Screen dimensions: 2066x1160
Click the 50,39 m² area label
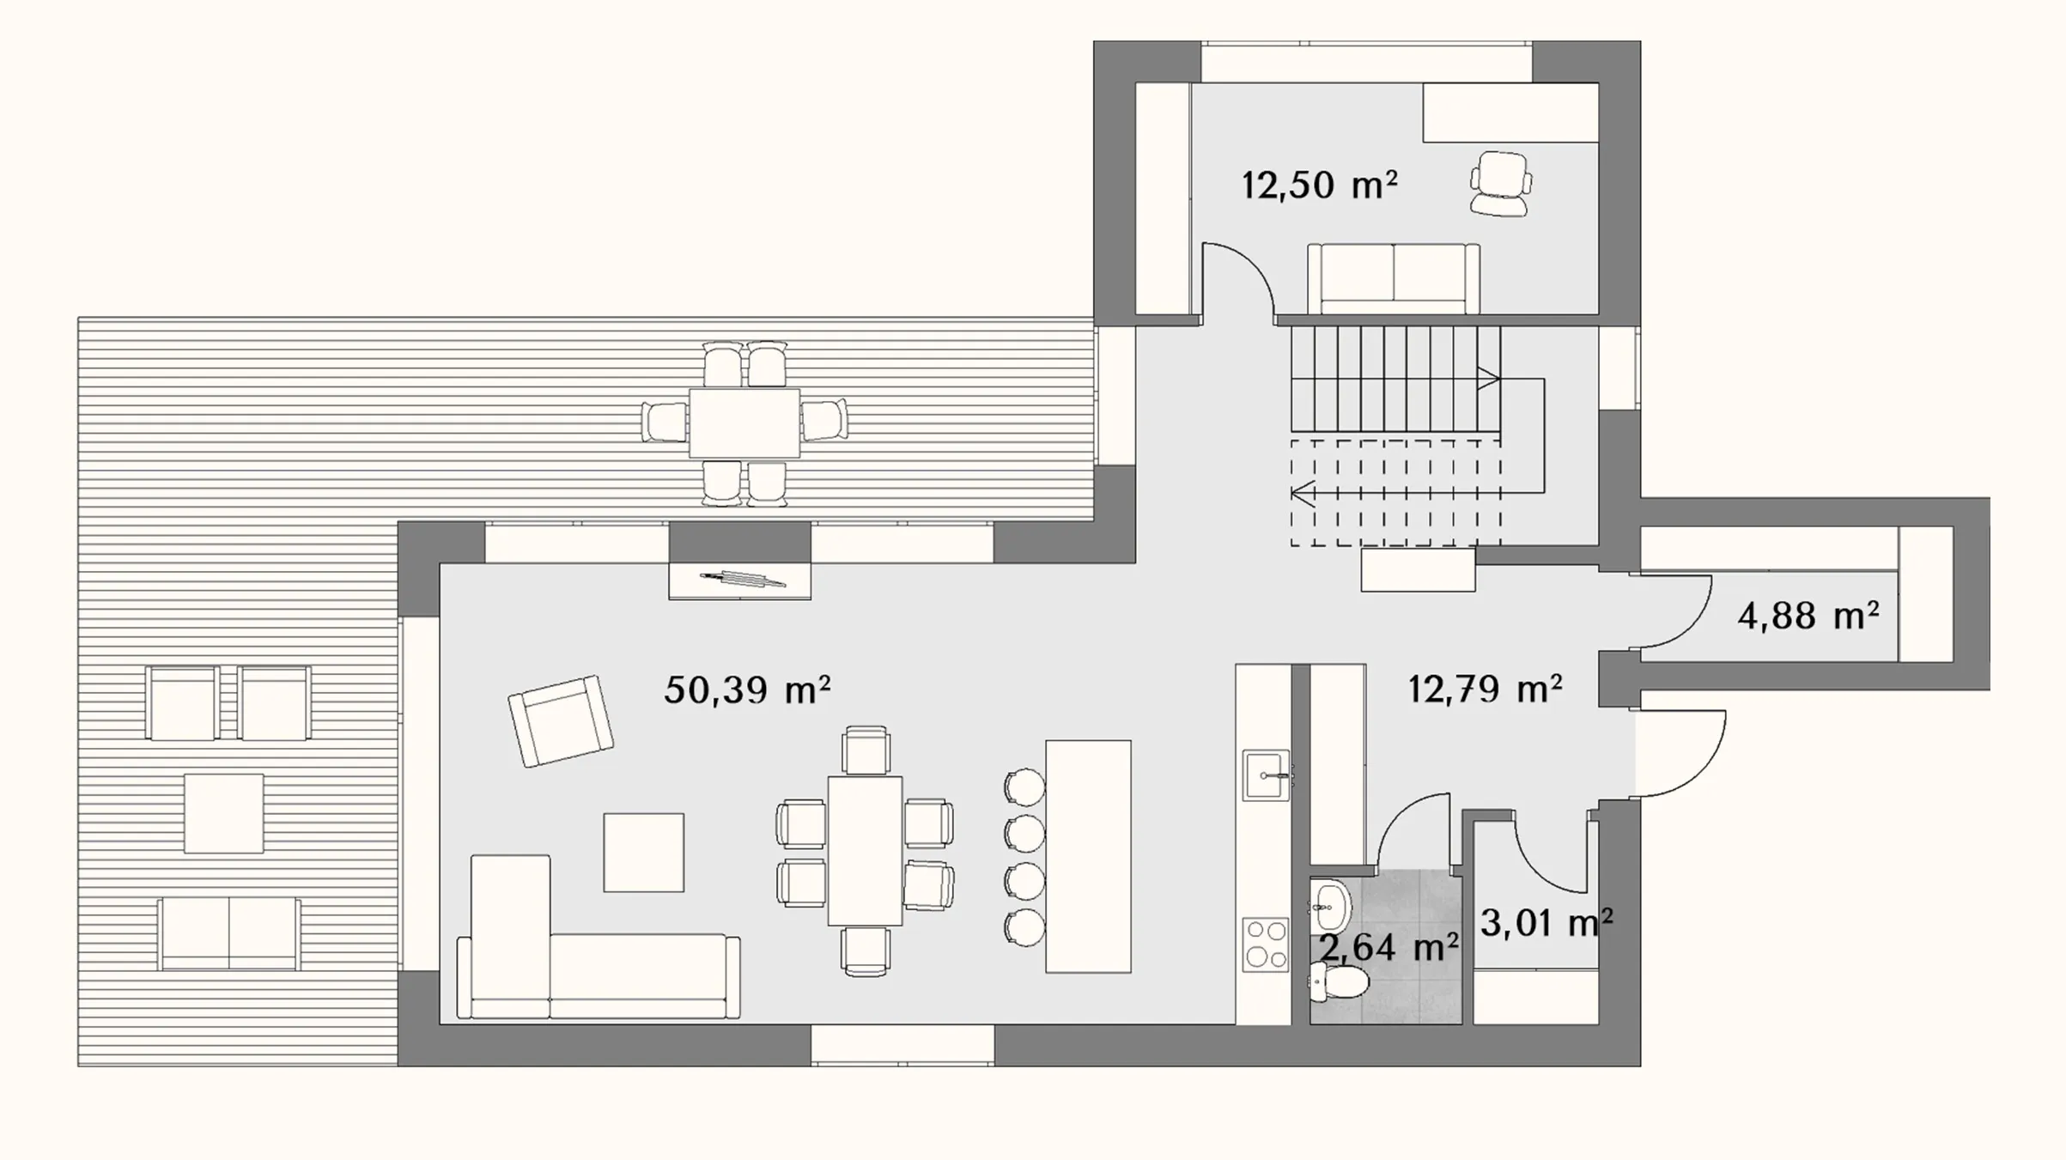click(x=747, y=689)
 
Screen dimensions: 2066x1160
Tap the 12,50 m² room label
click(x=1320, y=185)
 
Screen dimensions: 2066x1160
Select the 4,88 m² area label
click(x=1808, y=616)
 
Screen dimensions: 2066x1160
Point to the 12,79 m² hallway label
click(x=1485, y=689)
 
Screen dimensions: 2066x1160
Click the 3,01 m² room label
click(x=1546, y=923)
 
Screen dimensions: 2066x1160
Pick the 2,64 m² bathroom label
click(x=1388, y=948)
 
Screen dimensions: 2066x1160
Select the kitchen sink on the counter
click(x=1267, y=774)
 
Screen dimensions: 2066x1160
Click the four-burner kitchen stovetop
click(x=1266, y=944)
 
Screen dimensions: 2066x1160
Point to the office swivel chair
click(x=1500, y=183)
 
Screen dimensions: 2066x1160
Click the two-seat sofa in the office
click(x=1393, y=278)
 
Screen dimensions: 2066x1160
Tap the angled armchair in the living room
click(x=561, y=721)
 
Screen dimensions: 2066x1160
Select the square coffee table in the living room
click(x=644, y=853)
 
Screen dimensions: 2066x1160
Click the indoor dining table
click(x=865, y=851)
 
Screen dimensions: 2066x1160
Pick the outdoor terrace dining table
click(x=744, y=423)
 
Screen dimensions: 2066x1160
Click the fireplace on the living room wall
click(x=739, y=580)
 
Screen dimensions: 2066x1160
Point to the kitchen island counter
click(x=1088, y=856)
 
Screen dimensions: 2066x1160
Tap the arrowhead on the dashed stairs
click(x=1302, y=494)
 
